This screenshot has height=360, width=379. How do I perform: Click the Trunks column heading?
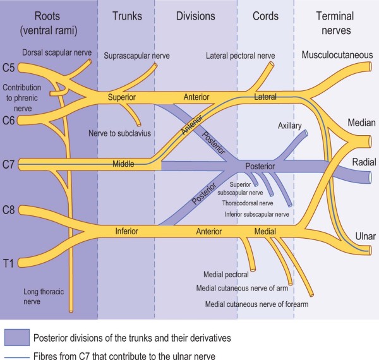pyautogui.click(x=126, y=16)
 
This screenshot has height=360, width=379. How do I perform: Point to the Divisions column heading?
pyautogui.click(x=196, y=16)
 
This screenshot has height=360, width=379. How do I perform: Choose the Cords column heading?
pyautogui.click(x=265, y=16)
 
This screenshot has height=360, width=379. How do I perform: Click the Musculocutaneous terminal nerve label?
pyautogui.click(x=337, y=56)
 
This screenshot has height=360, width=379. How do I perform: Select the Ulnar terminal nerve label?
pyautogui.click(x=365, y=236)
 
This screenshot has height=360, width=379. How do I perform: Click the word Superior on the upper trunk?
pyautogui.click(x=122, y=97)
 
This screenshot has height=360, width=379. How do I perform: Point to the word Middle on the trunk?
pyautogui.click(x=124, y=164)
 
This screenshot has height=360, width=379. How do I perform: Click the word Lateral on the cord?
pyautogui.click(x=265, y=97)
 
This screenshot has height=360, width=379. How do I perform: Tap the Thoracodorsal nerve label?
pyautogui.click(x=248, y=203)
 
